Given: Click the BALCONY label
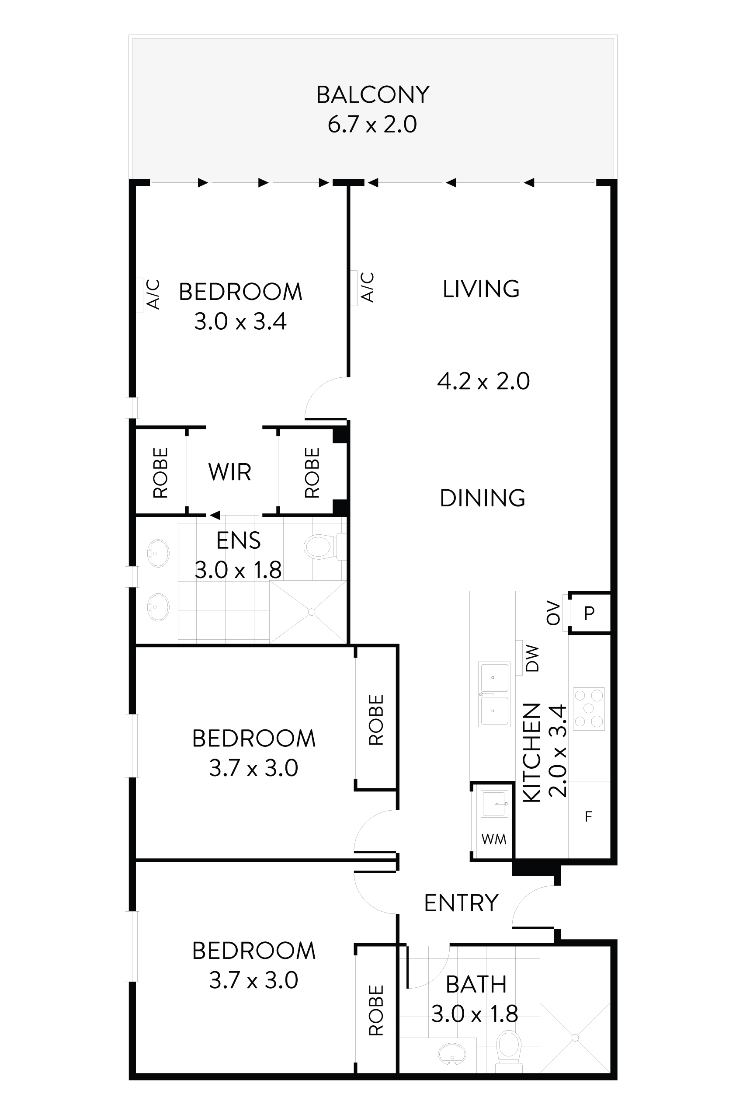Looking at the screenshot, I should coord(372,95).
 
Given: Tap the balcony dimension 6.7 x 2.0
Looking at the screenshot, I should coord(372,124).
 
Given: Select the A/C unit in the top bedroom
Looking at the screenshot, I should coord(140,294).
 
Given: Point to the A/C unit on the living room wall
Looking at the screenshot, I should coord(354,288).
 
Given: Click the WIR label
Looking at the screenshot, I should coord(229,472).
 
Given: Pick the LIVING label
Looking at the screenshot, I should coord(481,289).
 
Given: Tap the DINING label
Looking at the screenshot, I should coord(483,498).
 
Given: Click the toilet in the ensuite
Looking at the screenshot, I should coord(320,547).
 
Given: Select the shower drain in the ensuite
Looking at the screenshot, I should coord(311,612).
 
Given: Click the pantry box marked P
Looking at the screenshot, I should coord(589,613).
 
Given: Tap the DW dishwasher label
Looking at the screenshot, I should coord(533,658).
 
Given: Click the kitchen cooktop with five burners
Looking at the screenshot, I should coord(589,708).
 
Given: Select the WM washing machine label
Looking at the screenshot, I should coord(494,839).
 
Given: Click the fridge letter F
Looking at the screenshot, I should coord(589,816).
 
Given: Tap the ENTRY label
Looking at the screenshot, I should coord(461,903).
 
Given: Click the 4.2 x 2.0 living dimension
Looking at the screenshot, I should coord(483,381).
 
